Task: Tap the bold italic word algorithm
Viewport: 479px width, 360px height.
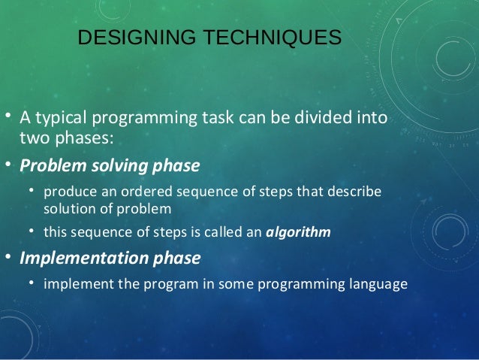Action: [298, 232]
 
